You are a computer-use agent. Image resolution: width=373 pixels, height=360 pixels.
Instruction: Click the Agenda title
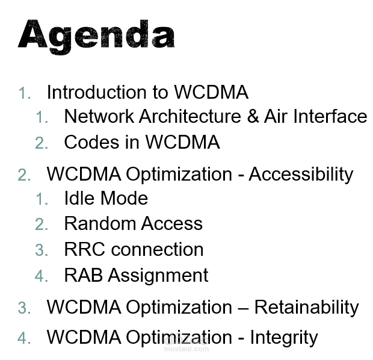(x=96, y=34)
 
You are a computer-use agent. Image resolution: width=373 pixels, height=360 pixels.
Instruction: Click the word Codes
(x=89, y=142)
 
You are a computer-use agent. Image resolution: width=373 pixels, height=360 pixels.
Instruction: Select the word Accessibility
(x=301, y=174)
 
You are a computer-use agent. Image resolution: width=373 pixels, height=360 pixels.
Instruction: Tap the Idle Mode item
(x=106, y=198)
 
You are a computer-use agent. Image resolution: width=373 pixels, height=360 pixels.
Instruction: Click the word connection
(x=158, y=249)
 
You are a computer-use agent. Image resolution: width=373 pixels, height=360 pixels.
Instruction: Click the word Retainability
(x=306, y=307)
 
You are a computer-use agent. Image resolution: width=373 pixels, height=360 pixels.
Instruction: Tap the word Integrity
(x=283, y=337)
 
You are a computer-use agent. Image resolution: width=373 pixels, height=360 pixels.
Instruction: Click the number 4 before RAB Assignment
(x=41, y=276)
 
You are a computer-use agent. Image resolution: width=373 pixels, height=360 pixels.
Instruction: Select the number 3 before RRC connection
(x=41, y=250)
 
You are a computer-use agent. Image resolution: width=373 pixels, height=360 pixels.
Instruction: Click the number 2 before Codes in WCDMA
(x=41, y=143)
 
